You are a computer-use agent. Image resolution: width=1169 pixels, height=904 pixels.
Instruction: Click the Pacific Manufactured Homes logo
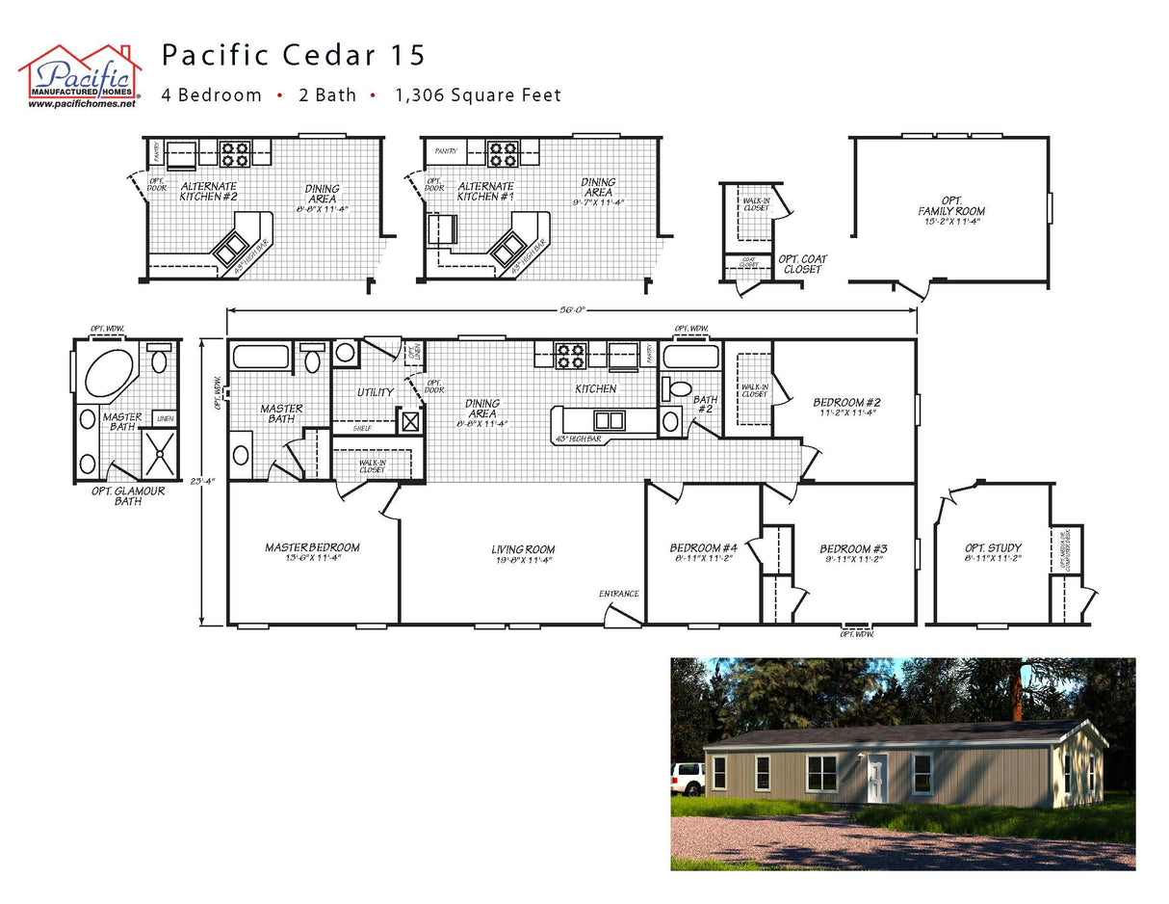[x=80, y=75]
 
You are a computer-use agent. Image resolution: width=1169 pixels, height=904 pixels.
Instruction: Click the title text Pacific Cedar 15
[x=293, y=55]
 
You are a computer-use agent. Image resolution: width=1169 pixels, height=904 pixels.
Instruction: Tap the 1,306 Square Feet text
[x=478, y=95]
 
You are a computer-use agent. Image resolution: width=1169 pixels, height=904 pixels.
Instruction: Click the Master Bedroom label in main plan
[x=312, y=547]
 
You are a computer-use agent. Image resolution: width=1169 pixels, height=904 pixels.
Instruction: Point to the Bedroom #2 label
[x=846, y=403]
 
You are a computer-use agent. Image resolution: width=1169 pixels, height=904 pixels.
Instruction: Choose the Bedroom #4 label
[x=703, y=548]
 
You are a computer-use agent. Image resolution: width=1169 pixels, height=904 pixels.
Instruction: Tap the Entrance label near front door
[x=618, y=594]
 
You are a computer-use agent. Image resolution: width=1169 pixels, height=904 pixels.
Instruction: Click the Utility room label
[x=375, y=392]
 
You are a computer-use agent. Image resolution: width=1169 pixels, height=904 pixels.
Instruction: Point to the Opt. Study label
[x=992, y=548]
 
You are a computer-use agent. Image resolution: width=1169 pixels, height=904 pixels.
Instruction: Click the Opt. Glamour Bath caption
[x=128, y=495]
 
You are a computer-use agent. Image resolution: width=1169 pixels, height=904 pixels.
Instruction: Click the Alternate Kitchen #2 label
[x=208, y=191]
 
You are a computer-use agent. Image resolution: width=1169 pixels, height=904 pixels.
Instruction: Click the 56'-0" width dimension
[x=572, y=309]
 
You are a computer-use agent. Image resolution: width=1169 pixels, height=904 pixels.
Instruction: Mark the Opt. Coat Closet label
[x=802, y=264]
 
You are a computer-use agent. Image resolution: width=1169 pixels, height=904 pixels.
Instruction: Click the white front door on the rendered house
[x=876, y=777]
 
